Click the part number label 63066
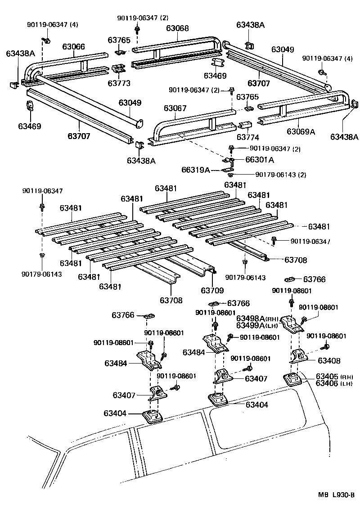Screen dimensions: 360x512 73,46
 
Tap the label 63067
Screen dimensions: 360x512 175,108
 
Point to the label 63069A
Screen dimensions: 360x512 301,131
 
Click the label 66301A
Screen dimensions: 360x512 260,159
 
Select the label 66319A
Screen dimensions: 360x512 196,170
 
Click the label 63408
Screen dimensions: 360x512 329,360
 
